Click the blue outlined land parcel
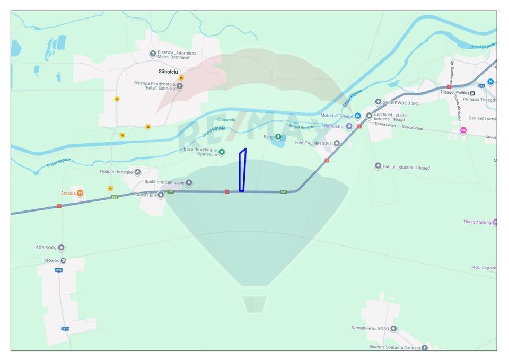point(242,171)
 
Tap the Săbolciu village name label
point(171,71)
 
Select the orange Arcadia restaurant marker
point(80,192)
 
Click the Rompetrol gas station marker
point(349,126)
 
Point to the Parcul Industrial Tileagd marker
point(378,166)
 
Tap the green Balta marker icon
point(278,137)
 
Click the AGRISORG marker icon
point(62,248)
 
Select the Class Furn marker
point(161,195)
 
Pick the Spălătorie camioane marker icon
point(189,182)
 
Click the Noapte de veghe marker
point(137,172)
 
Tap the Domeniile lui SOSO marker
point(394,328)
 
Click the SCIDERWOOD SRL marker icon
point(378,102)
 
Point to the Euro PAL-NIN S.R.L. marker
point(337,143)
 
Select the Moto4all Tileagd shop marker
point(358,116)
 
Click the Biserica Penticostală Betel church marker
point(180,86)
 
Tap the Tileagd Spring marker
point(495,222)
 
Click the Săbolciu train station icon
point(64,261)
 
